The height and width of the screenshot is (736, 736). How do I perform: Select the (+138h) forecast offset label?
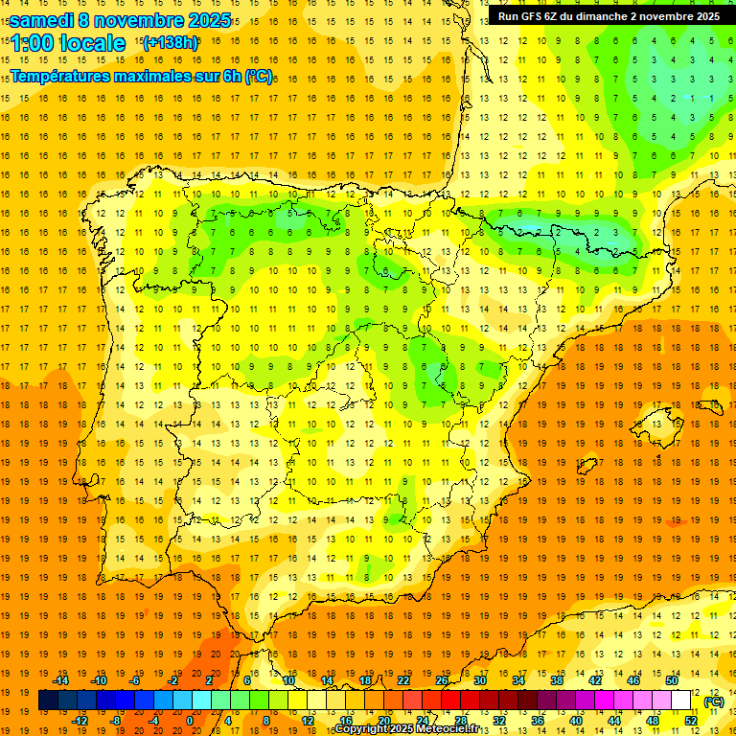(170, 43)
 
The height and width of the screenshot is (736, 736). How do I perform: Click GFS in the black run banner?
(532, 16)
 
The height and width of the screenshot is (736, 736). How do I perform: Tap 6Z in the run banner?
(555, 16)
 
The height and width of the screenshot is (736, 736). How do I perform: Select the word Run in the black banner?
(510, 16)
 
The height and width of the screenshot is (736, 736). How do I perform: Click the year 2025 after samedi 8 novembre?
(207, 20)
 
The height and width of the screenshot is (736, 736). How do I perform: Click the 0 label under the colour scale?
(190, 721)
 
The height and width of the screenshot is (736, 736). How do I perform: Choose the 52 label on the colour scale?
(691, 721)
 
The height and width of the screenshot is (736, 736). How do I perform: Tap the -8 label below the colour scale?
(116, 721)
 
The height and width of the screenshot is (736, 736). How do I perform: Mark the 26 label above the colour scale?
(442, 680)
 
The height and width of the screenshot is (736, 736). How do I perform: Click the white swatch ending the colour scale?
(680, 701)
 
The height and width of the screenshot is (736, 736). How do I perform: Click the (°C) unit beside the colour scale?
(713, 701)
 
